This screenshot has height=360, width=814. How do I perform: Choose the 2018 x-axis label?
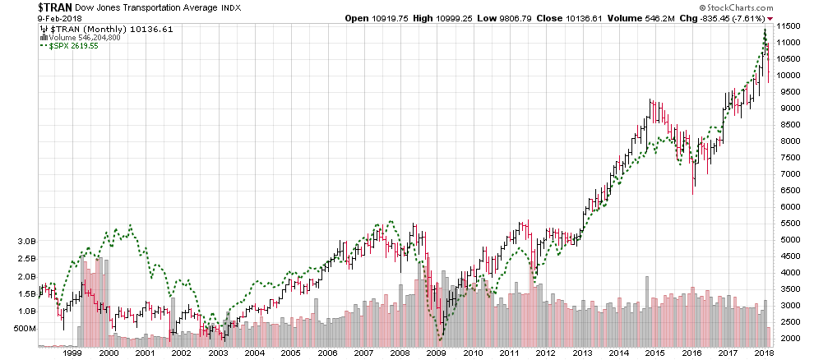point(763,352)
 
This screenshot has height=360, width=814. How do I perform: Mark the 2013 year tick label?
point(581,352)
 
